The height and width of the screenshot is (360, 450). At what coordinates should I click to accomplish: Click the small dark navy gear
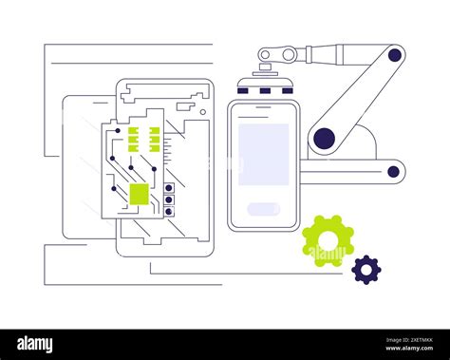pos(366,270)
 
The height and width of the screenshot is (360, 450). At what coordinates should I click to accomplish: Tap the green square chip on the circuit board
pos(139,194)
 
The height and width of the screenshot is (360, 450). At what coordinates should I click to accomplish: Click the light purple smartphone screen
pos(263,153)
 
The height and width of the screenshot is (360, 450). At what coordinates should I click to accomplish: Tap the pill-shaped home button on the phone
pos(263,209)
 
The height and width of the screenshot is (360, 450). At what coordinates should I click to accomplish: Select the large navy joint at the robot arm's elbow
pos(325,139)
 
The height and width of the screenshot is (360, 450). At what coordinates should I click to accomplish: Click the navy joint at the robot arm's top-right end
pos(394,55)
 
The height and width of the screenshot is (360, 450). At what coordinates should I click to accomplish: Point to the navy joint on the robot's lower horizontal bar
pos(393,172)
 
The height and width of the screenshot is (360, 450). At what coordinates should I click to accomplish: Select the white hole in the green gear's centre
pos(328,241)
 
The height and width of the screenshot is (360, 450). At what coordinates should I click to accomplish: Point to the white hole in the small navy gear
pos(366,270)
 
